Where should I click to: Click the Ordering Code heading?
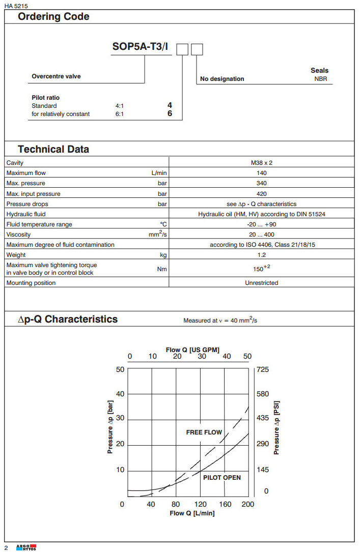(x=53, y=17)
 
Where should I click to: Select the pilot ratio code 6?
(x=170, y=113)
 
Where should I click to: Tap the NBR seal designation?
(x=321, y=79)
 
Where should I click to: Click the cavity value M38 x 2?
(x=261, y=163)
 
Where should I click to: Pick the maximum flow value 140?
(x=261, y=173)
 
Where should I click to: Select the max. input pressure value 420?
(x=261, y=194)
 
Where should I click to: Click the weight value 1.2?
(x=261, y=255)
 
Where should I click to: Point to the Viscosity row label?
(x=18, y=235)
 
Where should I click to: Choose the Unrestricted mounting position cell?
(x=261, y=283)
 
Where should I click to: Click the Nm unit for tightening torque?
(x=162, y=269)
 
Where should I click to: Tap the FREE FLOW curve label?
(x=204, y=432)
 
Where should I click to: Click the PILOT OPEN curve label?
(x=222, y=478)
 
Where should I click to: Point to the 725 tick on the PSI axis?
(x=263, y=370)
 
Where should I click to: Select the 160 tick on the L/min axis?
(x=225, y=504)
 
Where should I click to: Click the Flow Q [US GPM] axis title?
(x=192, y=350)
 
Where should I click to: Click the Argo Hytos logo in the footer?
(x=26, y=547)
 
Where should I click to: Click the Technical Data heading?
(x=53, y=150)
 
